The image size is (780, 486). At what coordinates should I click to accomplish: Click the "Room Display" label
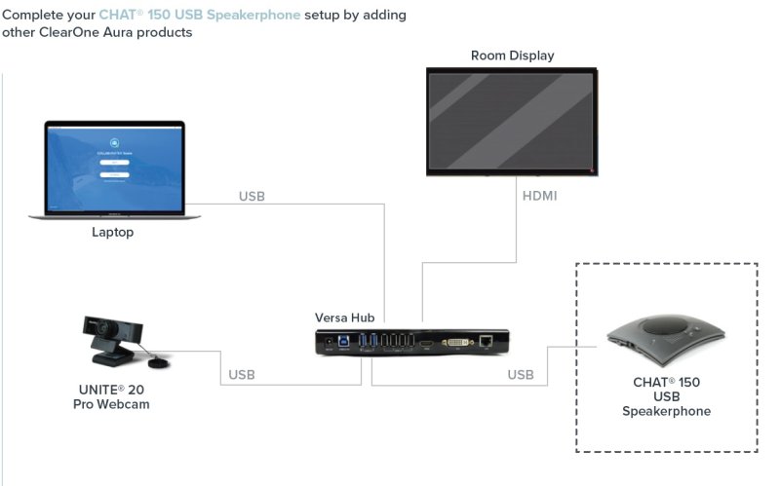pyautogui.click(x=512, y=56)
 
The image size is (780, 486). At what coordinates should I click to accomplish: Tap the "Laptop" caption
pyautogui.click(x=112, y=232)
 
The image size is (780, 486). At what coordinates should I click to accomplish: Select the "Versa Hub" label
pyautogui.click(x=344, y=318)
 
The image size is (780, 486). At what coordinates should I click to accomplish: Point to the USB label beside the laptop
pyautogui.click(x=252, y=196)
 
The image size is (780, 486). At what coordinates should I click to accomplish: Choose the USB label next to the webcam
pyautogui.click(x=242, y=374)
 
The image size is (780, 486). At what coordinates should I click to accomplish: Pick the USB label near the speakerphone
pyautogui.click(x=521, y=374)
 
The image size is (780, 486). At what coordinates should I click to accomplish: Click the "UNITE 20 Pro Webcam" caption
pyautogui.click(x=114, y=396)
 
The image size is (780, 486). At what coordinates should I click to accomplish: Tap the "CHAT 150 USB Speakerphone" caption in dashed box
pyautogui.click(x=667, y=396)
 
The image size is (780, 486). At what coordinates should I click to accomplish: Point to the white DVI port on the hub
pyautogui.click(x=455, y=343)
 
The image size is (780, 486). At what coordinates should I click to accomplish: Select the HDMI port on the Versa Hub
pyautogui.click(x=426, y=343)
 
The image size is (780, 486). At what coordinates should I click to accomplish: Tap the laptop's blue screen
pyautogui.click(x=114, y=167)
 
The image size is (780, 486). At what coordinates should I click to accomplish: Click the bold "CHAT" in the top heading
pyautogui.click(x=118, y=16)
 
